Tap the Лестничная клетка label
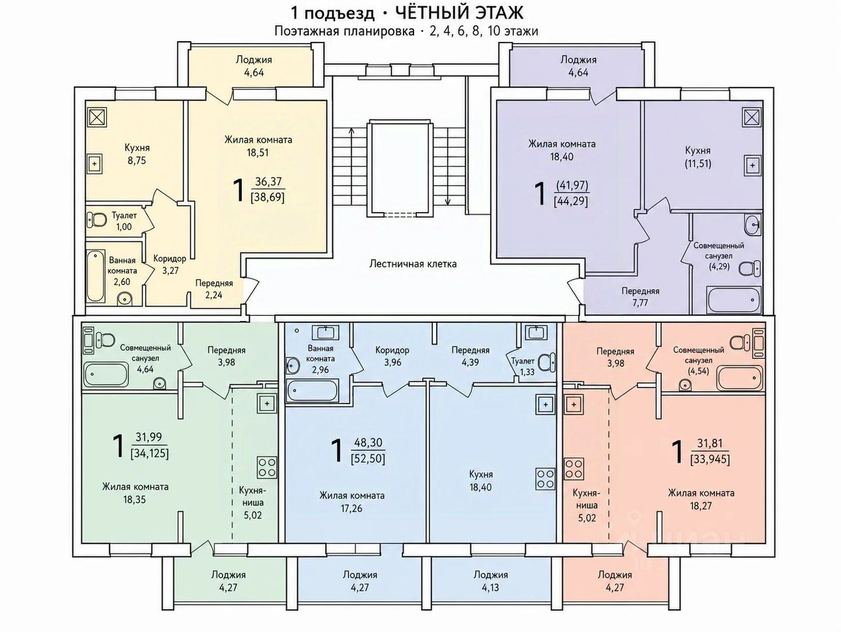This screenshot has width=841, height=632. coord(413,264)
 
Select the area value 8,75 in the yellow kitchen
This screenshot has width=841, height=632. coord(137,161)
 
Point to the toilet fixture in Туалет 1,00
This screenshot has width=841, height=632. coord(98,220)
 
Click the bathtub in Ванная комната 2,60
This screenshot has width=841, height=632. coord(96,276)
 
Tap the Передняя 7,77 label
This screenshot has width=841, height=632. coord(641,296)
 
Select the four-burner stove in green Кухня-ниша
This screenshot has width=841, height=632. coord(267,467)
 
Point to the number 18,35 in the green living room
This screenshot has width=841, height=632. coord(135,500)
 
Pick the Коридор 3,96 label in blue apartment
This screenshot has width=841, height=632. coord(392,356)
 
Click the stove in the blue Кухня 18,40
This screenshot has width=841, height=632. coord(545,479)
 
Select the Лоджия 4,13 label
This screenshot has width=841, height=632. coord(491,581)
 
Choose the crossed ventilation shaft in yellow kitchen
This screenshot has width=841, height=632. coord(98,117)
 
